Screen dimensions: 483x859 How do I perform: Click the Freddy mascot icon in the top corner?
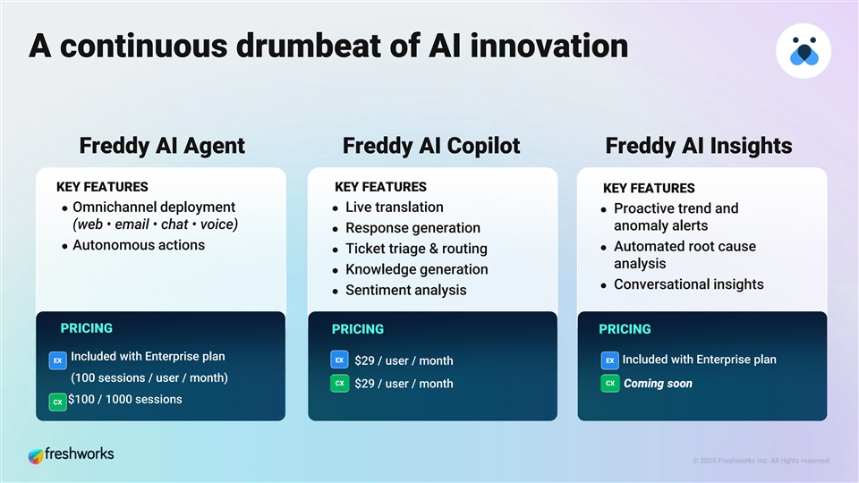804,51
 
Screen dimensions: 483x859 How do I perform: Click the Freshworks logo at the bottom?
71,454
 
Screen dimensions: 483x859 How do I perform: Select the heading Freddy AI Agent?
162,146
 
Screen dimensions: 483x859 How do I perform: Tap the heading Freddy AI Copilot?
430,146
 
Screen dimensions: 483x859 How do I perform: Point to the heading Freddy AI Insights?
698,146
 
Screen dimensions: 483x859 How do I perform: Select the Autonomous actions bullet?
138,245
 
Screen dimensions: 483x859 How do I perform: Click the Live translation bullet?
394,208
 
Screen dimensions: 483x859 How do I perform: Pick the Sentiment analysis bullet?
405,290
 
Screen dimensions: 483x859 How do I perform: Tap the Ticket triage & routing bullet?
416,249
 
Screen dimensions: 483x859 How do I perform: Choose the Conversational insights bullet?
688,284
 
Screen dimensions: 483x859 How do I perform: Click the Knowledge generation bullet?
416,269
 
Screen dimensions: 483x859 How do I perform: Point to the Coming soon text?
658,384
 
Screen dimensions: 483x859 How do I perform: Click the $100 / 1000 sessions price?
125,400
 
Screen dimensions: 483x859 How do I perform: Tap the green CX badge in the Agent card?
57,402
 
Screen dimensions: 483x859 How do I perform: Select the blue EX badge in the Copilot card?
339,360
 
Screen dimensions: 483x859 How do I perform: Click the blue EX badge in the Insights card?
609,360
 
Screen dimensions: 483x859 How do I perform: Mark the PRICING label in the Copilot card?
357,329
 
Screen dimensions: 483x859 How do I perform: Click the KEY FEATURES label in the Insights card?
649,189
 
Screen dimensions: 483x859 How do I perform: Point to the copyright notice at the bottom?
761,461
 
